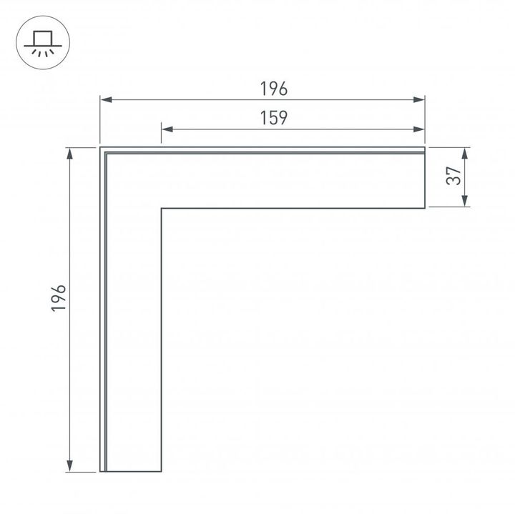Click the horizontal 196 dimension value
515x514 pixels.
(x=273, y=89)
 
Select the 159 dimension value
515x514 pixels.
(x=273, y=119)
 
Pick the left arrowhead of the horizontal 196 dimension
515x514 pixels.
(x=104, y=99)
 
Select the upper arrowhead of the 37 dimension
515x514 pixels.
(x=466, y=152)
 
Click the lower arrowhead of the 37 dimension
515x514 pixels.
(x=466, y=203)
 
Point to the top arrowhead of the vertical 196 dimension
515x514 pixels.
(x=69, y=152)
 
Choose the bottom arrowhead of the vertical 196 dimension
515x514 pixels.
(x=69, y=468)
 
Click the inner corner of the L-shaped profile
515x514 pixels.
(x=162, y=208)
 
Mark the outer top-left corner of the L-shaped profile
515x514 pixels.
(x=100, y=147)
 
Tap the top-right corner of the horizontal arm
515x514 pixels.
(x=425, y=147)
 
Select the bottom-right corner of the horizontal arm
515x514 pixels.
(x=425, y=208)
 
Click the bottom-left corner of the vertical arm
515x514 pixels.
(x=100, y=472)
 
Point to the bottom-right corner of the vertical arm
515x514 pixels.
(x=162, y=472)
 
